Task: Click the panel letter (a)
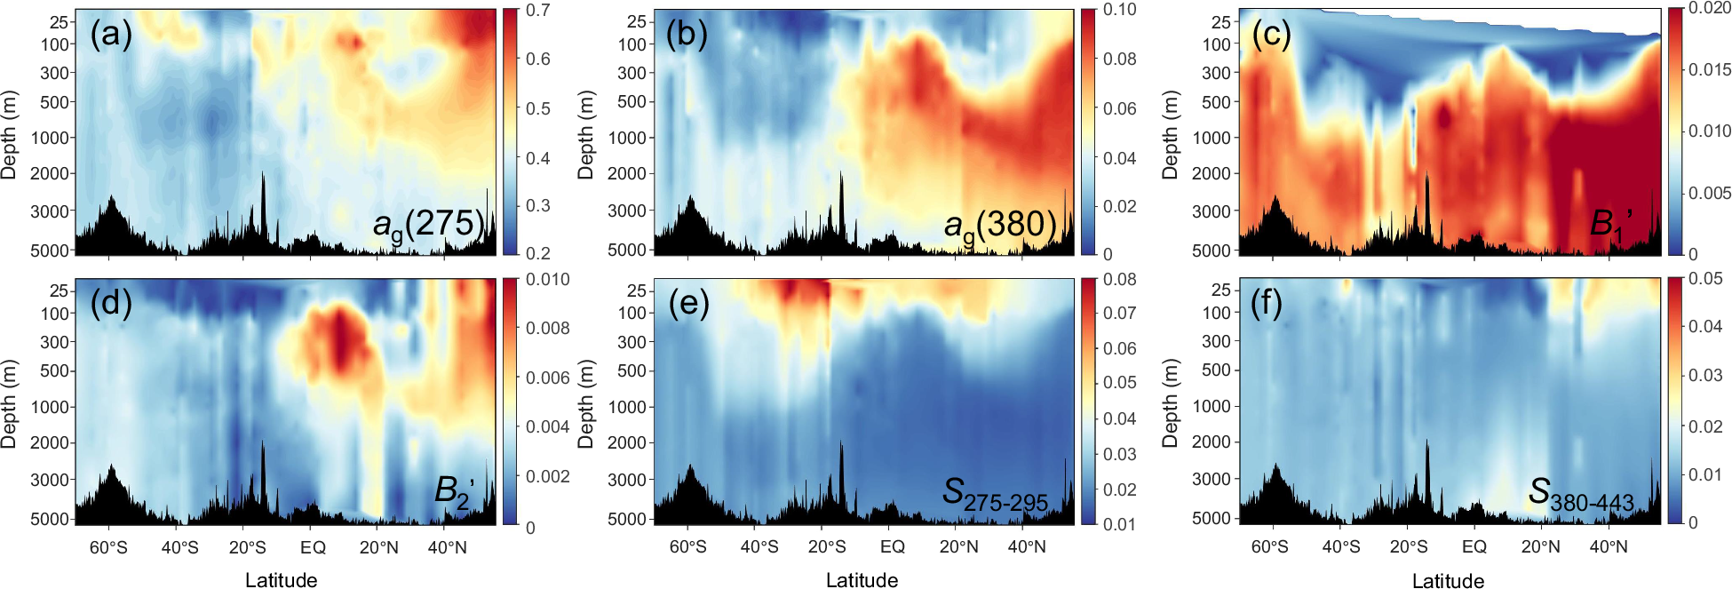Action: (111, 35)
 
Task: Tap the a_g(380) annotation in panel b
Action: (999, 226)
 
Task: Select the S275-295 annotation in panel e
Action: (995, 494)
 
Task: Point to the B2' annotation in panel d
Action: (454, 491)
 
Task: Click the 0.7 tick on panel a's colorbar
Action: (538, 11)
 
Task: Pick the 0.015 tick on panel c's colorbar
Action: (1709, 69)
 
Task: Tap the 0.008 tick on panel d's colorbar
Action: (547, 328)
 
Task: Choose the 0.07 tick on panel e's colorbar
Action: (1119, 313)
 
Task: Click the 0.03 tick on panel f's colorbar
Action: (1704, 375)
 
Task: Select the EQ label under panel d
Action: (313, 547)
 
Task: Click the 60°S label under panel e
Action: (687, 547)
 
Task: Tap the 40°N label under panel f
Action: (1608, 547)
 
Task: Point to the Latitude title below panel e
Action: (862, 580)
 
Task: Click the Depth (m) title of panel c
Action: (1170, 135)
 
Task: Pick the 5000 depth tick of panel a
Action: (50, 251)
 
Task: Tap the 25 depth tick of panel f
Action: (1221, 290)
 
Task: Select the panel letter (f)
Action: (1267, 304)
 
